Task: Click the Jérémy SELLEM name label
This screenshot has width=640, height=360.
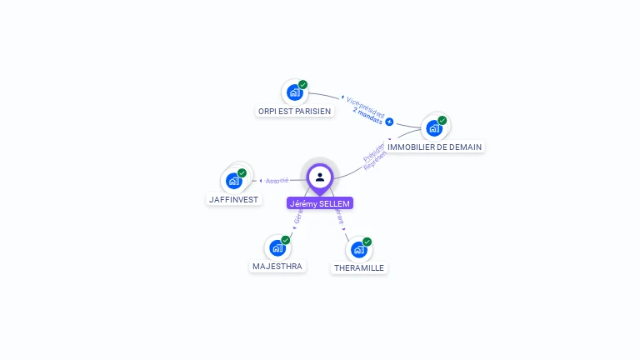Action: point(320,203)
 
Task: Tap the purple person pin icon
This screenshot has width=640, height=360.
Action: point(320,177)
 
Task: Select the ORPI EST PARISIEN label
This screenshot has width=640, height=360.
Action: point(293,111)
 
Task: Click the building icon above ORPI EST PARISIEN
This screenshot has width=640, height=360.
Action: point(294,92)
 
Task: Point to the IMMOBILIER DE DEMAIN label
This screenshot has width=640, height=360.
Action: point(434,147)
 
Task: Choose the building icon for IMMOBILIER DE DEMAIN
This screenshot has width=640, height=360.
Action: point(433,127)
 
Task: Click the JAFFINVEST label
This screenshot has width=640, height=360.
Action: point(234,200)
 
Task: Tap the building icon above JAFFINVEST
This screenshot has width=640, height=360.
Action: point(234,180)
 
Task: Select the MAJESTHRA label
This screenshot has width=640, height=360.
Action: point(277,267)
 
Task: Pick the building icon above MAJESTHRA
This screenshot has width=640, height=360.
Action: point(277,247)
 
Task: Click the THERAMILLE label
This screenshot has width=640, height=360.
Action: point(359,268)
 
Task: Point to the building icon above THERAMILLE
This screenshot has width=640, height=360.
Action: point(359,249)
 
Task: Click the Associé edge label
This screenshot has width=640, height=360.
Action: point(277,180)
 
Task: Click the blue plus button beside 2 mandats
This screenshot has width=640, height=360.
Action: point(389,122)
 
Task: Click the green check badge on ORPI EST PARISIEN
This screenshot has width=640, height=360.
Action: point(303,84)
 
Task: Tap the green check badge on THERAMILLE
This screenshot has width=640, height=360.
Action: point(367,242)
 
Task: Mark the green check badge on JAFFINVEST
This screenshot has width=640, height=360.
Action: point(242,172)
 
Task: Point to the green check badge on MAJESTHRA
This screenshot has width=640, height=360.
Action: point(286,240)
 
